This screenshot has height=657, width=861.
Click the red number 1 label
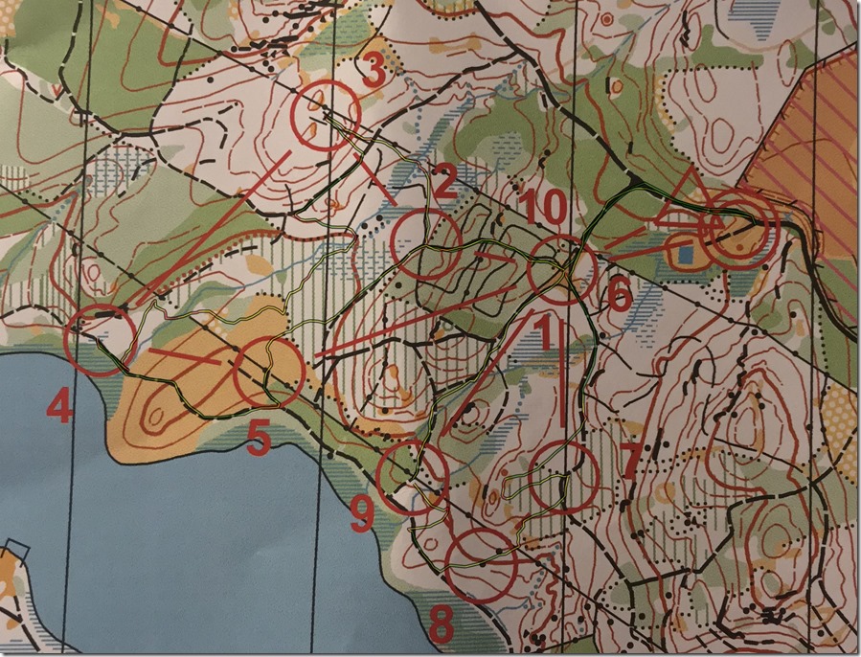click(543, 334)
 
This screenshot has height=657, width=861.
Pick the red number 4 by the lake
click(58, 409)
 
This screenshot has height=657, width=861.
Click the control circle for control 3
click(325, 115)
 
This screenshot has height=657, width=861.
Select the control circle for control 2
click(427, 244)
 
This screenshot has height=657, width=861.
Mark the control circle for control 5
click(269, 374)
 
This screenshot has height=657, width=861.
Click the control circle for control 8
click(482, 565)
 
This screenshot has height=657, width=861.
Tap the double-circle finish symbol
click(738, 231)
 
